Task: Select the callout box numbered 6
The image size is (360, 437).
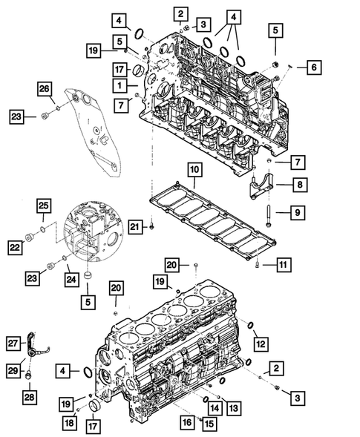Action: click(x=312, y=68)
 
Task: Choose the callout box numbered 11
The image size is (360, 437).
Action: click(x=282, y=264)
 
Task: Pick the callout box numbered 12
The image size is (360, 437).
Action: click(x=259, y=343)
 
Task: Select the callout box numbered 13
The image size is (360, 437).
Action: click(x=234, y=407)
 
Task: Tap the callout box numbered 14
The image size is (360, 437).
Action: click(x=214, y=407)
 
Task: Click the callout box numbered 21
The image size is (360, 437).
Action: click(x=134, y=225)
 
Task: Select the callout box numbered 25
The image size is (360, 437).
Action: click(x=44, y=205)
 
